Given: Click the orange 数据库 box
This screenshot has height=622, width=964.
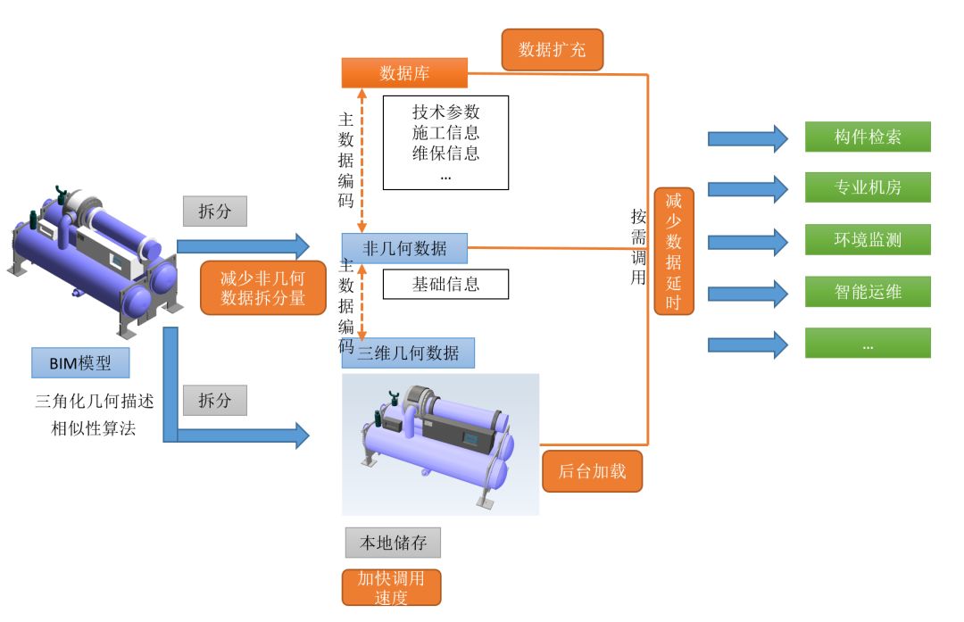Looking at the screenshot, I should point(404,73).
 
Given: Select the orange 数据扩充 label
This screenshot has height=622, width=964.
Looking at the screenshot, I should point(552,50).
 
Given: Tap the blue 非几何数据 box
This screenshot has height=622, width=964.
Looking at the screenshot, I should point(404,248).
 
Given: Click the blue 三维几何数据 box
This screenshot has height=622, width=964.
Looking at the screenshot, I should point(408,353).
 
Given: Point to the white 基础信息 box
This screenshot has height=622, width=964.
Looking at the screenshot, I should point(445,285).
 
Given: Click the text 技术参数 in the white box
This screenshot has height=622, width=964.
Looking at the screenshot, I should point(445,112).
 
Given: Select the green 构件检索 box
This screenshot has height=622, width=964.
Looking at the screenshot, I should point(868,137).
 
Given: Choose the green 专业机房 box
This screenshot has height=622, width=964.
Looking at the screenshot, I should point(868,188).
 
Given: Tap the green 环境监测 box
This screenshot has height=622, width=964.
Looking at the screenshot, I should point(868,240).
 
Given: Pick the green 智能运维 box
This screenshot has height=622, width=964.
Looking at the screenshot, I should point(868,292).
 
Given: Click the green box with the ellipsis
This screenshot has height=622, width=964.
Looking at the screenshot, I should point(868,344).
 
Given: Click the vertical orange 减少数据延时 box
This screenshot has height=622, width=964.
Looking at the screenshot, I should point(673,251).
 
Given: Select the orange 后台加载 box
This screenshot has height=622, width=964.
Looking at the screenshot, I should point(592,471).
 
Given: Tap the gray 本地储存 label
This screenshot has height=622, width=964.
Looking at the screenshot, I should point(393,543).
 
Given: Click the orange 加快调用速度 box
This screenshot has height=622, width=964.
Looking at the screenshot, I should point(391,587).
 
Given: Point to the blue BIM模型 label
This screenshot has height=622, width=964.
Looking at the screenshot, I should point(80,362).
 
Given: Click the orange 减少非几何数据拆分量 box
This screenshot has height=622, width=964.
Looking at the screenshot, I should point(262,288).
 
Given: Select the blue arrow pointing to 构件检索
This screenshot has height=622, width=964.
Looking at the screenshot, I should point(748,138).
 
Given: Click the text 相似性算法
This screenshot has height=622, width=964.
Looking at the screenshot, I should point(94,428).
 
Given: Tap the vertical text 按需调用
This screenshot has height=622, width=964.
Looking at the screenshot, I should point(638,246).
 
